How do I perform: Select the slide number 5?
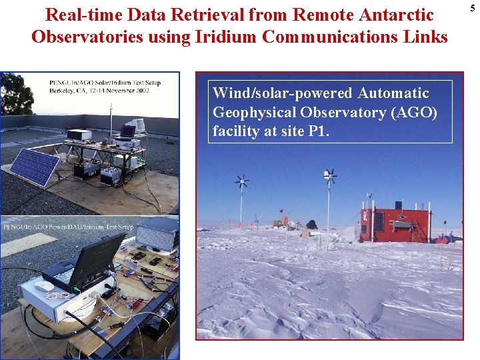click(472, 7)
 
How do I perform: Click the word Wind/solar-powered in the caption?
click(282, 93)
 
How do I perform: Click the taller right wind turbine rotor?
click(329, 176)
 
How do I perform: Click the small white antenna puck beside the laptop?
click(45, 286)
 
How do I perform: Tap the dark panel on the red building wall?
click(377, 221)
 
